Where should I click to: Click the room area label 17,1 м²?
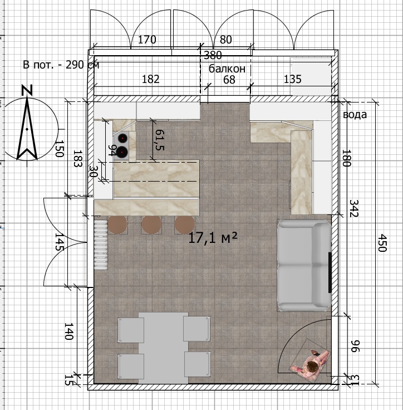click(x=213, y=238)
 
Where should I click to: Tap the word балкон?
click(x=227, y=69)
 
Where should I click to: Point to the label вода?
click(x=355, y=115)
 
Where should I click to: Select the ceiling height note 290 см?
click(x=82, y=64)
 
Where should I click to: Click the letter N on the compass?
click(x=27, y=90)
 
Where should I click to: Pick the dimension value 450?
click(x=382, y=243)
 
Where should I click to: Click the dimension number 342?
click(x=354, y=208)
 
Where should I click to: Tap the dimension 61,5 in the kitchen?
click(x=160, y=140)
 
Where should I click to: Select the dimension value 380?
click(x=213, y=55)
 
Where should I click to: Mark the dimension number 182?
click(x=150, y=79)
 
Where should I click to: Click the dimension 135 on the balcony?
click(x=292, y=79)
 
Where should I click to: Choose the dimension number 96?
click(x=355, y=346)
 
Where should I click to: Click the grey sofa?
click(x=304, y=265)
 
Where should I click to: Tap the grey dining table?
click(x=163, y=348)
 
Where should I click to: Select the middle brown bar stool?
click(x=151, y=224)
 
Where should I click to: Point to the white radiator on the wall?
click(x=101, y=245)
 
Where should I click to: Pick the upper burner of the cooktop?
click(x=122, y=138)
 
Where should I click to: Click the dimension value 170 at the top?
click(x=147, y=40)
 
